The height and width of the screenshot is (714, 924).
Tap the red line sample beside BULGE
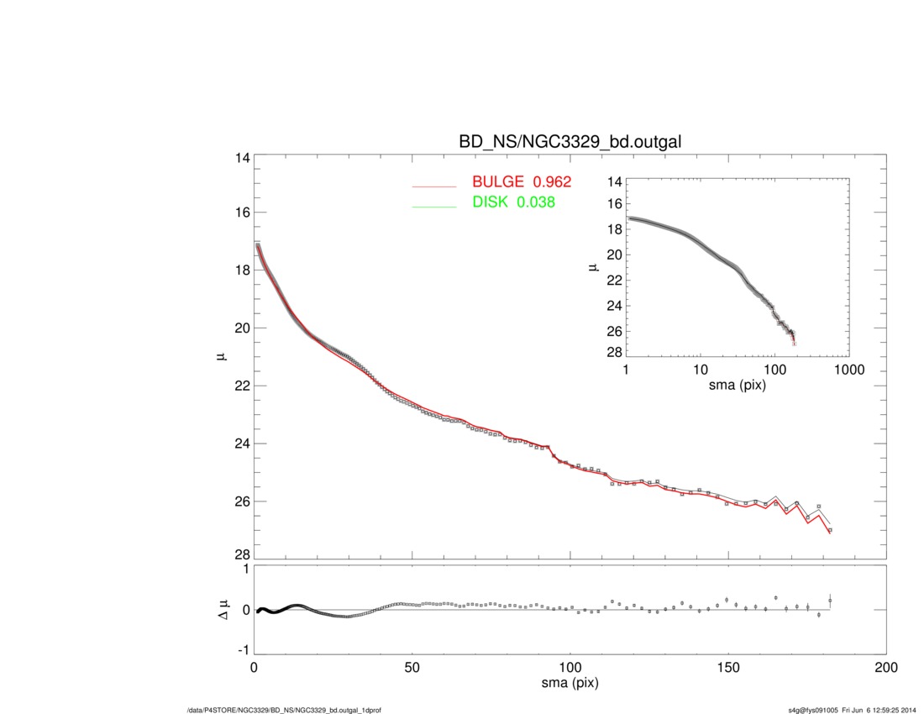click(433, 186)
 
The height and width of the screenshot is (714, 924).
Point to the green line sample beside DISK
click(433, 207)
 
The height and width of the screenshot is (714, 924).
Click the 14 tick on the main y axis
click(242, 157)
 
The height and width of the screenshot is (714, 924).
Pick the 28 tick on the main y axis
click(242, 555)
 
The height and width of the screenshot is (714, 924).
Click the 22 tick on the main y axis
click(242, 386)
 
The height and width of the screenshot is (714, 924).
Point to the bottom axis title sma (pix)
click(570, 685)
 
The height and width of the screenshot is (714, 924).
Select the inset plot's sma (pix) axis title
click(737, 386)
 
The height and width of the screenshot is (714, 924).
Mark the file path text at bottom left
click(284, 710)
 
